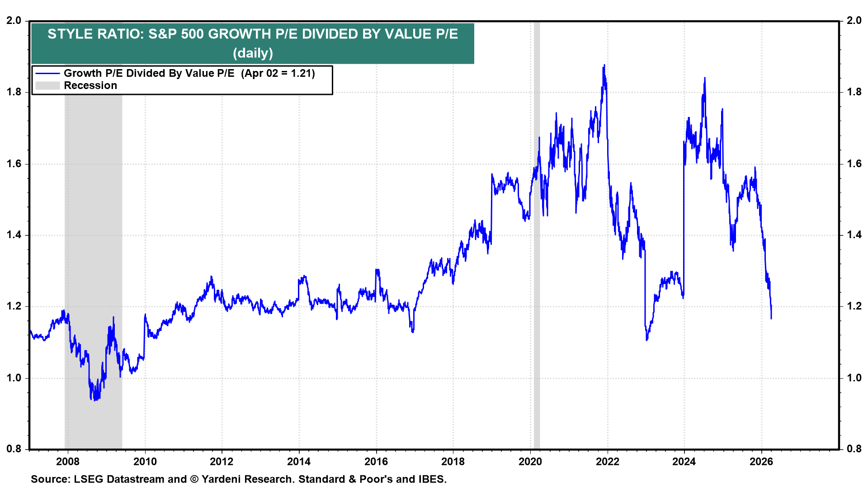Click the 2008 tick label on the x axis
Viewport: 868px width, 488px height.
[x=67, y=461]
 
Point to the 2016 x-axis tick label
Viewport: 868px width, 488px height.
[x=376, y=461]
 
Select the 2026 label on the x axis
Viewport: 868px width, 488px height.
[x=761, y=461]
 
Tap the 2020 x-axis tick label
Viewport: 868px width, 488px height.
[x=530, y=461]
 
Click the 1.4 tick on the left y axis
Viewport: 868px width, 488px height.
[x=14, y=235]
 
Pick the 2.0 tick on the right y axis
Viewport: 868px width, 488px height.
[x=854, y=20]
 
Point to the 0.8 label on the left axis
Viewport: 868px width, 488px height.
[x=14, y=449]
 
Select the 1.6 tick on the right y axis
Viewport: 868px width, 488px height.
[x=854, y=164]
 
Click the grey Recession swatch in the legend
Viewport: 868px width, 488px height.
[x=47, y=85]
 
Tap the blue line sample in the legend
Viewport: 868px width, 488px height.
[x=47, y=73]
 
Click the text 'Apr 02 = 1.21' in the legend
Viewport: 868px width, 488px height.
[x=278, y=73]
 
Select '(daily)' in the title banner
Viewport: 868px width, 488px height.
[x=253, y=53]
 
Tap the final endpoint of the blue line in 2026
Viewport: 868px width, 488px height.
[x=771, y=319]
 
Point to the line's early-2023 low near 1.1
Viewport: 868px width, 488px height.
[x=647, y=340]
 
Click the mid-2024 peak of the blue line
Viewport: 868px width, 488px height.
[x=704, y=78]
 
